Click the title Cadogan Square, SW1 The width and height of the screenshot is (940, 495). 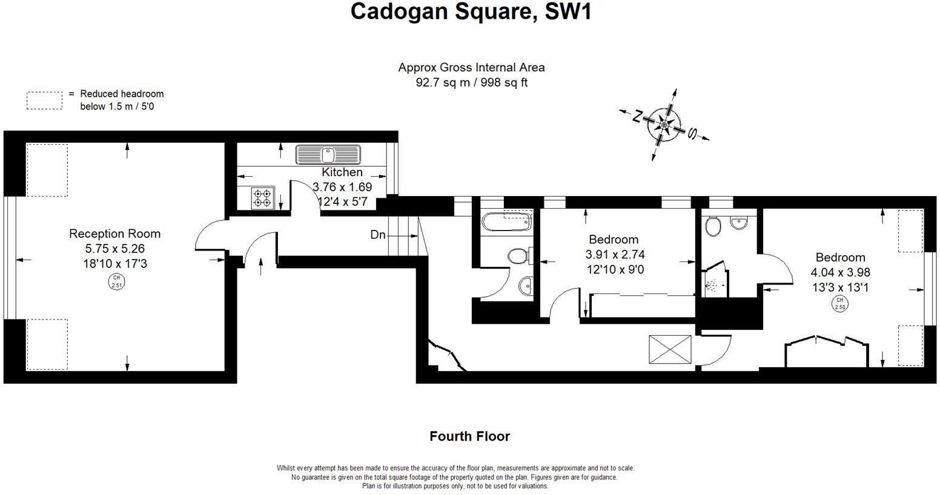tap(471, 11)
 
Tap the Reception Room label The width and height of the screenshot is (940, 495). tap(114, 234)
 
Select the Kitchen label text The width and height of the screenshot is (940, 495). tap(342, 172)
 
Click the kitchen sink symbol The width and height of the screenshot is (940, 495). tap(328, 154)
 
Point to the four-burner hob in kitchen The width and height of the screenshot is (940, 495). tap(263, 198)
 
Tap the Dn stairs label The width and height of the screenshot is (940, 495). tap(378, 235)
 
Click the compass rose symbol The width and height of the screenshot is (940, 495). tap(664, 125)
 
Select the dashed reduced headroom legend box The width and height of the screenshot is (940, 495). tap(44, 100)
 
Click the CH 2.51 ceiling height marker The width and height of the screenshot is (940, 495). tap(115, 282)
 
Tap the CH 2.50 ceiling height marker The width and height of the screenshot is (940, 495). tap(839, 303)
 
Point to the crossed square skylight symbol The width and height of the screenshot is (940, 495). tap(670, 350)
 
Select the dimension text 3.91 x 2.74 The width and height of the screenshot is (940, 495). tap(614, 255)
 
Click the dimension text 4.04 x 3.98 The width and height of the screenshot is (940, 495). tap(840, 273)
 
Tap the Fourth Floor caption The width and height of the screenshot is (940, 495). tap(469, 436)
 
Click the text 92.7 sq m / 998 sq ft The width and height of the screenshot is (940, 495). tap(471, 83)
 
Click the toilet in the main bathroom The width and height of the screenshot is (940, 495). tap(518, 256)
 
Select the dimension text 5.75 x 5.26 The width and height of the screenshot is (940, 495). tap(114, 249)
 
